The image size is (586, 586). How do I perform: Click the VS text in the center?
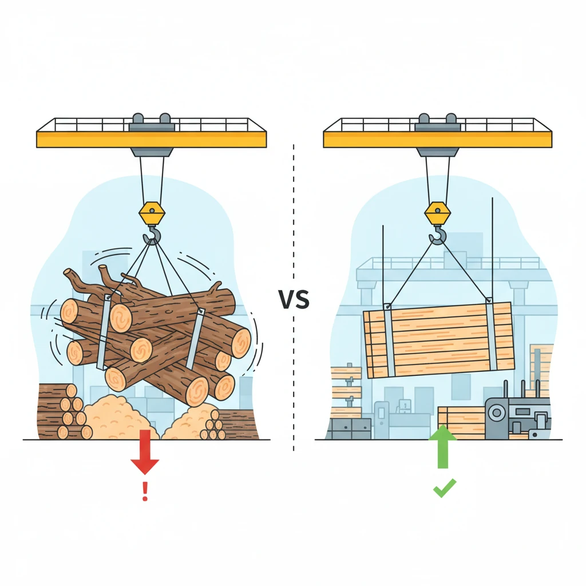[x=294, y=299]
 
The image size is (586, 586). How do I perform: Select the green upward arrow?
[x=442, y=446]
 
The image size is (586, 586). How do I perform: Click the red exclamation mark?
[x=145, y=490]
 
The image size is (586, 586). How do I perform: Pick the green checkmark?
[x=444, y=488]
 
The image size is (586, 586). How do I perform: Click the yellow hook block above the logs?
[x=152, y=214]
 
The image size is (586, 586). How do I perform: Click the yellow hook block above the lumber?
[x=438, y=214]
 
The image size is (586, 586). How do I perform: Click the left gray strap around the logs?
[x=104, y=332]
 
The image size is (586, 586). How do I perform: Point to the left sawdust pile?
[x=119, y=417]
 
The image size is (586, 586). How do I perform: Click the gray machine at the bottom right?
[x=517, y=410]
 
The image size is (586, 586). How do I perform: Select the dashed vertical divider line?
[x=294, y=297]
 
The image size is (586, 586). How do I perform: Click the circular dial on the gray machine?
[x=497, y=413]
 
